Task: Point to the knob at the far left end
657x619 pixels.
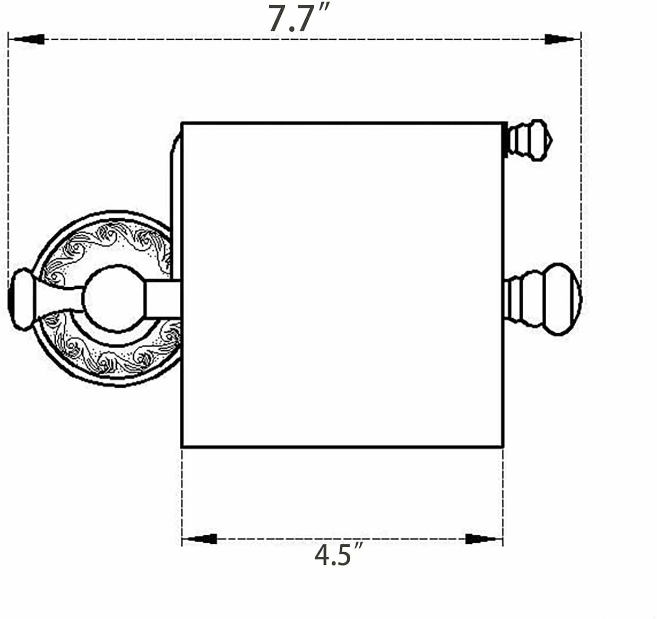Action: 22,299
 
